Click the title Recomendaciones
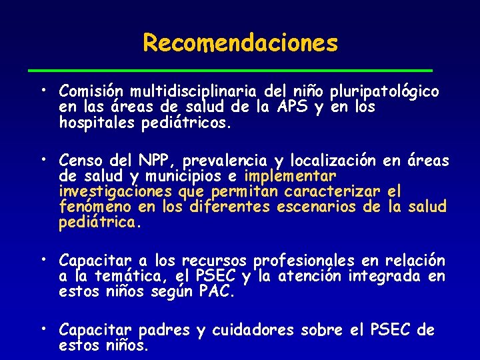(x=240, y=43)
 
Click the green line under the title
(x=240, y=69)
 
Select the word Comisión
(x=91, y=91)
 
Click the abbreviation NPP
(x=156, y=161)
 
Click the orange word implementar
(x=291, y=177)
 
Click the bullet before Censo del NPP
(x=42, y=159)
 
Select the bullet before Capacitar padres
(x=42, y=328)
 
